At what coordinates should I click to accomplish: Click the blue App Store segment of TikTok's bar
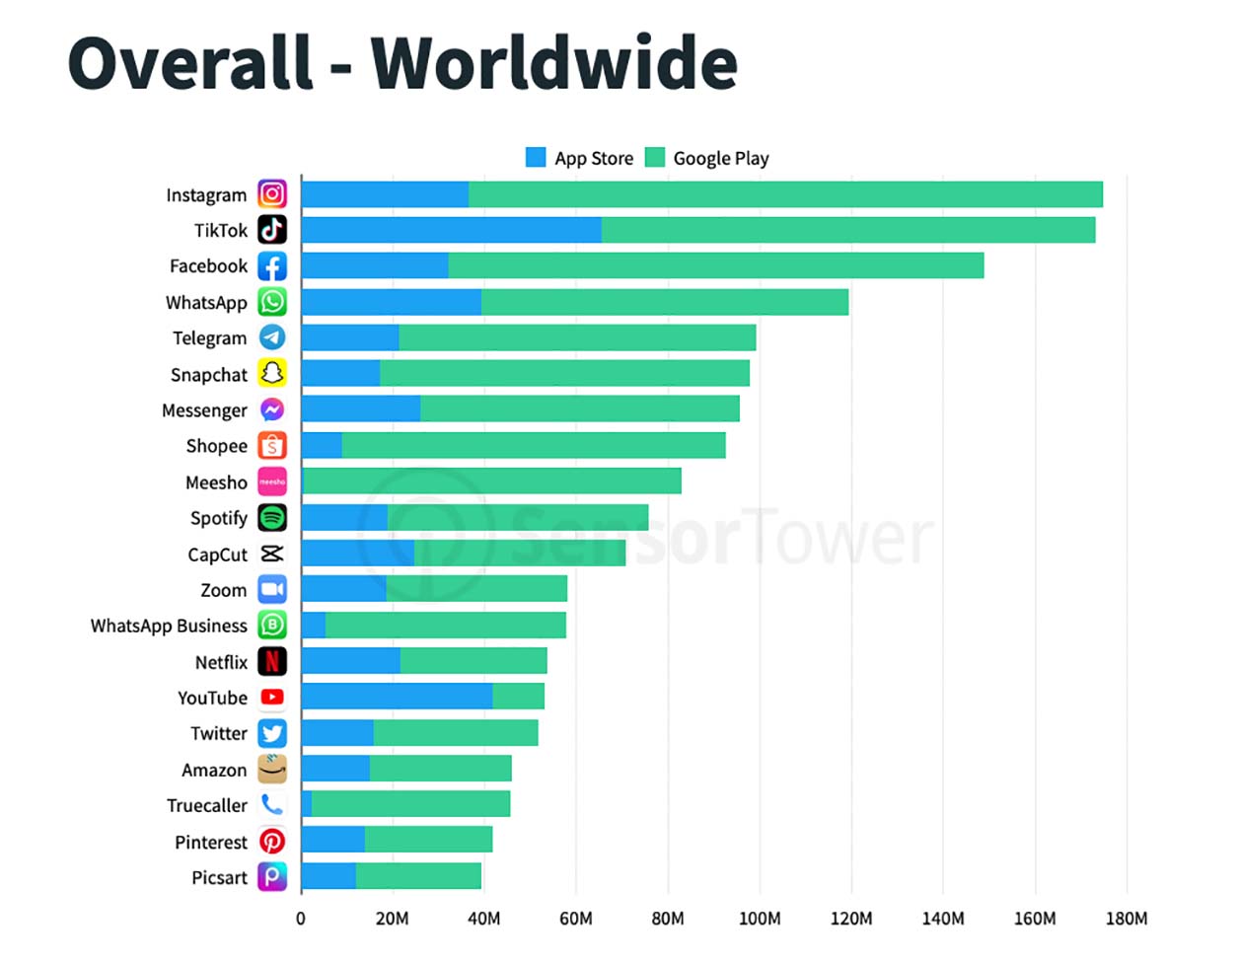point(451,230)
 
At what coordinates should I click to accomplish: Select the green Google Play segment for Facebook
point(715,265)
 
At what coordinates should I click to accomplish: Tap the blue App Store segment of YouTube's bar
point(397,697)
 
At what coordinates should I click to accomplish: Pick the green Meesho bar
point(491,482)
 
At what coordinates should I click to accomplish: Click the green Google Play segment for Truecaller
point(410,804)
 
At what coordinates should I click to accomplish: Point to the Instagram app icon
point(272,194)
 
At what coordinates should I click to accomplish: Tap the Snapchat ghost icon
point(272,373)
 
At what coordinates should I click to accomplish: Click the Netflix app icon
point(272,661)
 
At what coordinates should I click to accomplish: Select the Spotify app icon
point(272,517)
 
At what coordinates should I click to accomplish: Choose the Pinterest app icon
point(272,841)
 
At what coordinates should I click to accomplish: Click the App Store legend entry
point(580,158)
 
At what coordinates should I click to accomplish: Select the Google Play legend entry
point(707,158)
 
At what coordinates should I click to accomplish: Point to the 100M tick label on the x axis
point(760,919)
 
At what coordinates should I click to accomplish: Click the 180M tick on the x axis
point(1127,919)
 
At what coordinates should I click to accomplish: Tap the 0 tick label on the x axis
point(301,919)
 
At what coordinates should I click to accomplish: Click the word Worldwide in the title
point(553,64)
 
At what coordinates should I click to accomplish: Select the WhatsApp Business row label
point(169,626)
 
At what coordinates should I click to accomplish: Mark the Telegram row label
point(209,337)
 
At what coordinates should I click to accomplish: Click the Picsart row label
point(219,877)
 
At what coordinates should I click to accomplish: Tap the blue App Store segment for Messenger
point(360,409)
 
